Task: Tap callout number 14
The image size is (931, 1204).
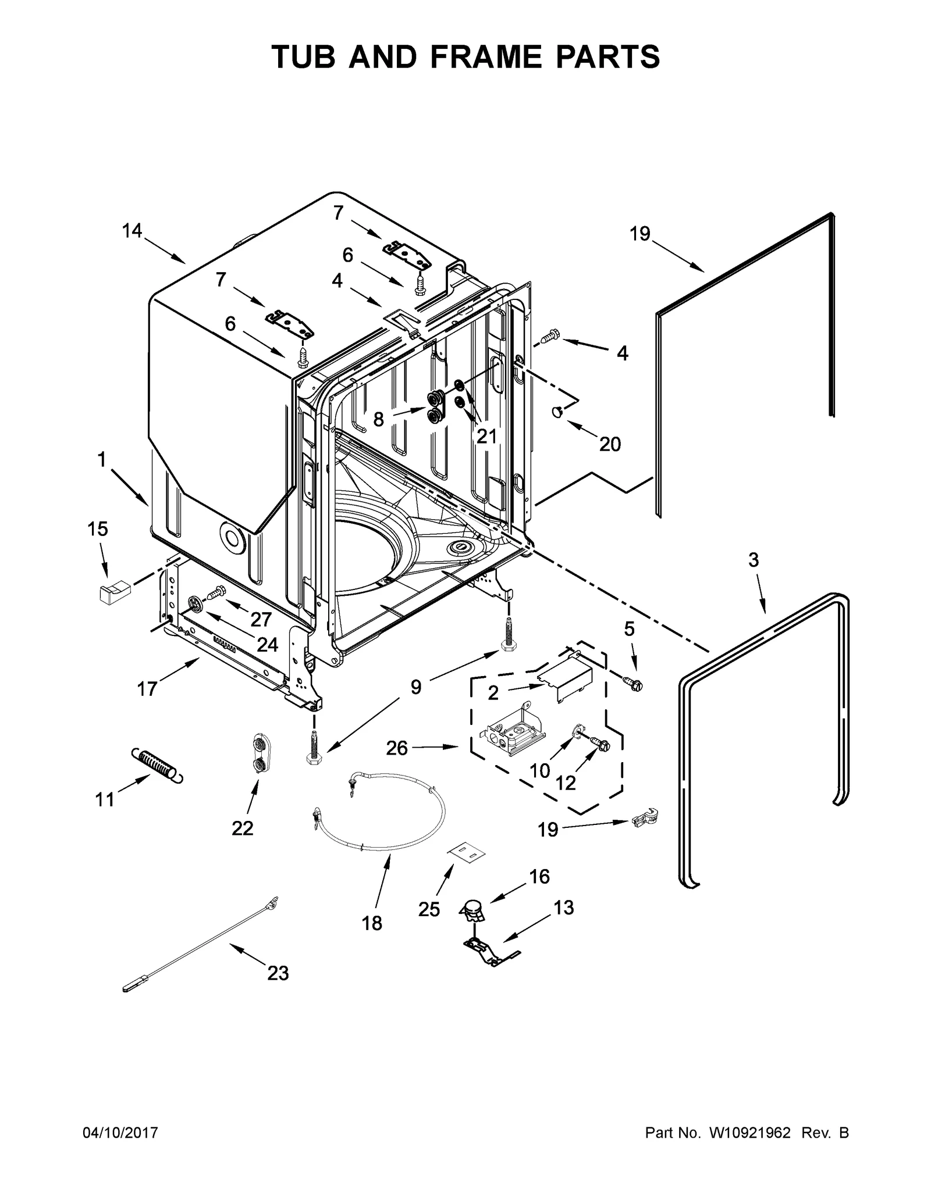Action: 132,231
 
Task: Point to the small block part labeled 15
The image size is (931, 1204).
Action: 113,593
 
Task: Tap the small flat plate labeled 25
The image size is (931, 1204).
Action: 465,853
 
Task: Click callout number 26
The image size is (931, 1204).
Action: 397,748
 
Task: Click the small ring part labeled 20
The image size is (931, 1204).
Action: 557,412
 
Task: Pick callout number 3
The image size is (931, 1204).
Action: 754,560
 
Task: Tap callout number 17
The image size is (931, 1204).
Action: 147,689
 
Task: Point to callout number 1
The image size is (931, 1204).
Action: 102,460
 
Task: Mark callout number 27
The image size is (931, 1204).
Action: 261,619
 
